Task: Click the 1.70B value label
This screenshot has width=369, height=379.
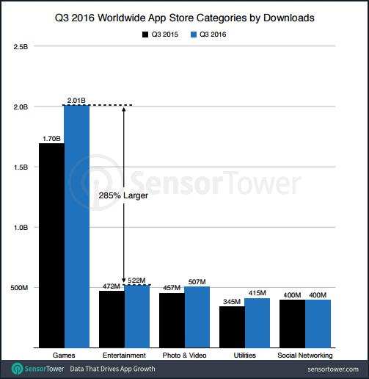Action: [x=51, y=137]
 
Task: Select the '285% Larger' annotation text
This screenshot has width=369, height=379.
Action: [x=123, y=196]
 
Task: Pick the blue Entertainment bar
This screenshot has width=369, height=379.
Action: [x=136, y=316]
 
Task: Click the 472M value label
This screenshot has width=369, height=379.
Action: [x=111, y=286]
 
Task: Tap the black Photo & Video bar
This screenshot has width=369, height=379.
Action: [x=172, y=320]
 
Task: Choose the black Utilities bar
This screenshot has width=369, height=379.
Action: [x=232, y=327]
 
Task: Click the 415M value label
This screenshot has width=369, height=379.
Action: [x=257, y=292]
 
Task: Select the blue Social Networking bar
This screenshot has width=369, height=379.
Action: [x=317, y=323]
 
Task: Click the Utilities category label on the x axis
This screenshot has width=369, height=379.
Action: [x=244, y=355]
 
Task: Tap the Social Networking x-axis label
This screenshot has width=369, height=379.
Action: [x=305, y=355]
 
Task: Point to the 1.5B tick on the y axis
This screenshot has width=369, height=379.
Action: [x=21, y=167]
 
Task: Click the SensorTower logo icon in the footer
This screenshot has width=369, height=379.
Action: [x=15, y=368]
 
